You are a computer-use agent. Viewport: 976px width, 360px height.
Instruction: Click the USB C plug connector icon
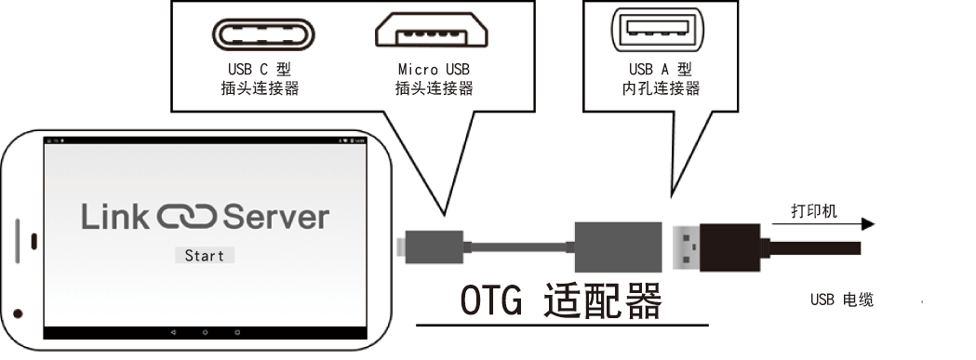click(x=263, y=34)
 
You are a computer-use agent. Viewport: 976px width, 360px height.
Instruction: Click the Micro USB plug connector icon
click(x=432, y=31)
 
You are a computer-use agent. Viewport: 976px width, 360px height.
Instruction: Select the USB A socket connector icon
click(x=659, y=30)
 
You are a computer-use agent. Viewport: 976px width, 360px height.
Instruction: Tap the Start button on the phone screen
click(x=204, y=256)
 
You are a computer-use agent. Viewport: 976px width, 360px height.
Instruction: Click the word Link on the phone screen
click(x=115, y=217)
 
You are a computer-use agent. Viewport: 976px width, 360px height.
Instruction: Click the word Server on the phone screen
click(x=275, y=217)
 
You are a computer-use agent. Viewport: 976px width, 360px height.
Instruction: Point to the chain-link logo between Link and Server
click(x=186, y=217)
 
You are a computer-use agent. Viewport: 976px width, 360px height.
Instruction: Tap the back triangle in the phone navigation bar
click(x=172, y=333)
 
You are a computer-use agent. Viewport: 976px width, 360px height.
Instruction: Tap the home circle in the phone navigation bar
click(x=205, y=333)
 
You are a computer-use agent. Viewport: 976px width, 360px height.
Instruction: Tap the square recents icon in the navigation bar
click(x=237, y=333)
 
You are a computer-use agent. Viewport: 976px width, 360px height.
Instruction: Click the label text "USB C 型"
click(x=260, y=69)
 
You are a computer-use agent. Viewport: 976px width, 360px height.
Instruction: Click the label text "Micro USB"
click(x=434, y=69)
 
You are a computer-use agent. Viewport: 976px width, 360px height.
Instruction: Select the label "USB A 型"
click(x=661, y=69)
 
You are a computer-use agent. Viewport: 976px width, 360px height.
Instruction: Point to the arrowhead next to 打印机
click(x=868, y=224)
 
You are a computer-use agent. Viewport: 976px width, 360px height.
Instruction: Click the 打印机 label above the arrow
click(x=814, y=211)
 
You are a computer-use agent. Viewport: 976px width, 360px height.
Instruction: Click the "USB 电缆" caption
click(x=842, y=300)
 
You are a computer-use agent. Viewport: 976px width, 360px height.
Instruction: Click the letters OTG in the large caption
click(x=491, y=300)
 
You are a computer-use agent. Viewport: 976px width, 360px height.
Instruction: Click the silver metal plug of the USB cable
click(x=687, y=247)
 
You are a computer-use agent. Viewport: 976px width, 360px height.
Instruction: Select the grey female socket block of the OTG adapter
click(x=618, y=247)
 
